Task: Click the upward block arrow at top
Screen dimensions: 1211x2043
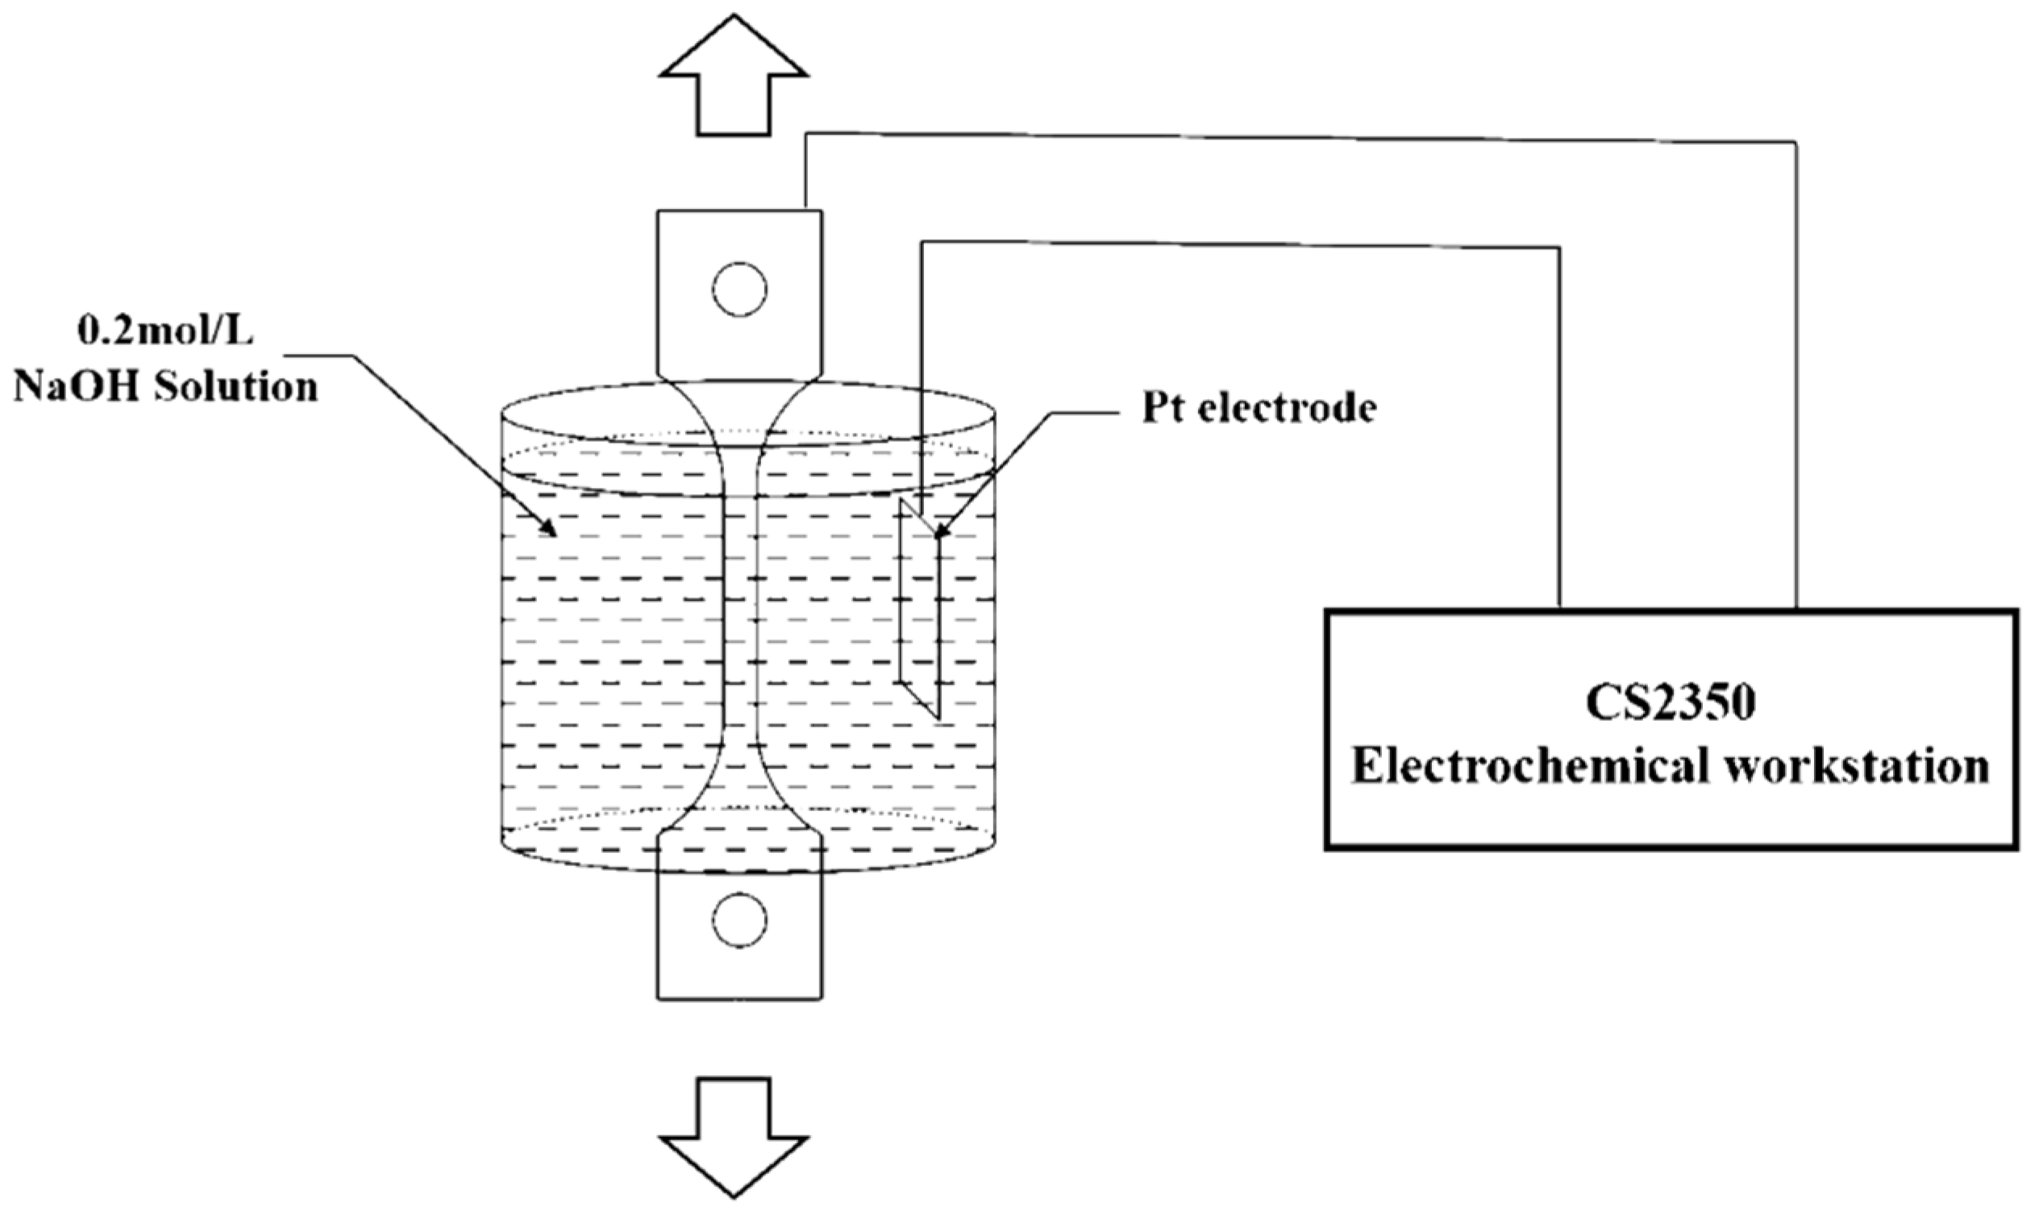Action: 734,81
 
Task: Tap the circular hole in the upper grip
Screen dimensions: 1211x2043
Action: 739,289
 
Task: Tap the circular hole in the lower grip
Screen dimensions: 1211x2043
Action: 739,920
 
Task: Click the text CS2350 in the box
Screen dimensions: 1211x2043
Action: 1670,704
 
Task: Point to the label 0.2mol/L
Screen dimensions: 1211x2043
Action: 165,331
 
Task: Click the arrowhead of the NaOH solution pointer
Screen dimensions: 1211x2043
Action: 550,531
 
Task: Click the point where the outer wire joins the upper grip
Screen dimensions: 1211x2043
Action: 806,210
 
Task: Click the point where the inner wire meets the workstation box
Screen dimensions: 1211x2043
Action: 1560,609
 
